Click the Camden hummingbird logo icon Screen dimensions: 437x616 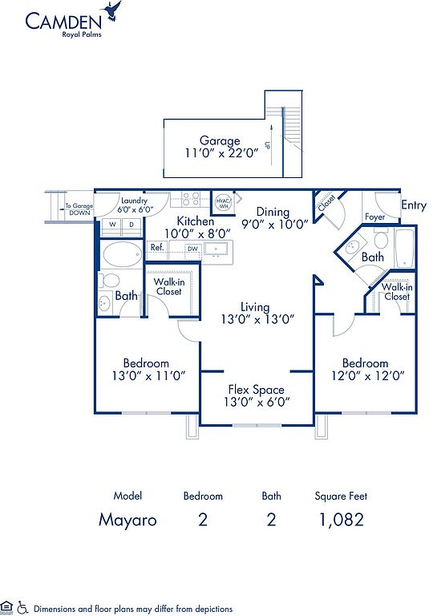tap(111, 12)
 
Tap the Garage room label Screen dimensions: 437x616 tap(220, 140)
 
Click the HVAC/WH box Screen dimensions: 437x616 tap(223, 203)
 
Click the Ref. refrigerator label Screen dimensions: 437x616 tap(157, 248)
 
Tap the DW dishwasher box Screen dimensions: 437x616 tap(192, 249)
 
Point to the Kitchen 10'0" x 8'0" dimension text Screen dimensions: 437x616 tap(197, 234)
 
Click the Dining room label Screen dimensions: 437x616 tap(273, 213)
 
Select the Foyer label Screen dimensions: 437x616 tap(375, 217)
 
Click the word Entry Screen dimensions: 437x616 tap(414, 205)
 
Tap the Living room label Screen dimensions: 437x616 tap(255, 307)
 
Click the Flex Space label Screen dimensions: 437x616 tap(257, 389)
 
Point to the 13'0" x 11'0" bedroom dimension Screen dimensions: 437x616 tap(149, 376)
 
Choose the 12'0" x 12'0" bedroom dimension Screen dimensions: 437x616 tap(368, 376)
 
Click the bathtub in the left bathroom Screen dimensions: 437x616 tap(122, 255)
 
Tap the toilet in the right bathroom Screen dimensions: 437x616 tap(381, 237)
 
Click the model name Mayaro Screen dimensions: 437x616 tap(127, 520)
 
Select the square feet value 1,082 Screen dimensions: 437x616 tap(342, 520)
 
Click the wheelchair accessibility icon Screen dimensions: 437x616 tap(22, 607)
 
